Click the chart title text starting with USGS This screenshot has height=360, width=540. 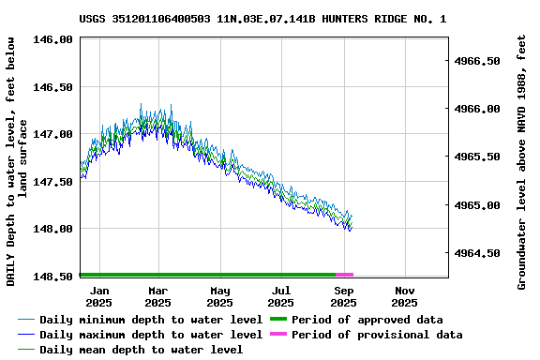point(262,18)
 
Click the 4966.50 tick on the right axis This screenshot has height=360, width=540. point(479,61)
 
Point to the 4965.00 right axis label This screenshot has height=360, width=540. point(479,205)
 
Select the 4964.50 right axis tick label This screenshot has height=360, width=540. point(479,253)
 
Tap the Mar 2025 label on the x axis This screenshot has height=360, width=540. point(157,296)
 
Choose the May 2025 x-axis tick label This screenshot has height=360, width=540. point(219,296)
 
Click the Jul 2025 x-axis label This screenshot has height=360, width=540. point(280,296)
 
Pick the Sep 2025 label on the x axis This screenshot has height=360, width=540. point(343,296)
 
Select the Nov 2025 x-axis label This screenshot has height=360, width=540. point(404,296)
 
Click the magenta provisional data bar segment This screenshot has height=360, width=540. point(344,275)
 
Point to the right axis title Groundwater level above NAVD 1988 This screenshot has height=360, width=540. point(522,161)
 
